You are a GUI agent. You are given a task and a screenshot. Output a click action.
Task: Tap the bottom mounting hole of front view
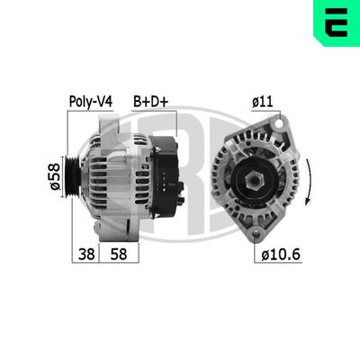261,233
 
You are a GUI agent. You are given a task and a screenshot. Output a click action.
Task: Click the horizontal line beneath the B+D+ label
150,112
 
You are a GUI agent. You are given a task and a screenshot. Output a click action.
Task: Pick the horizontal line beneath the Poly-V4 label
90,112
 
